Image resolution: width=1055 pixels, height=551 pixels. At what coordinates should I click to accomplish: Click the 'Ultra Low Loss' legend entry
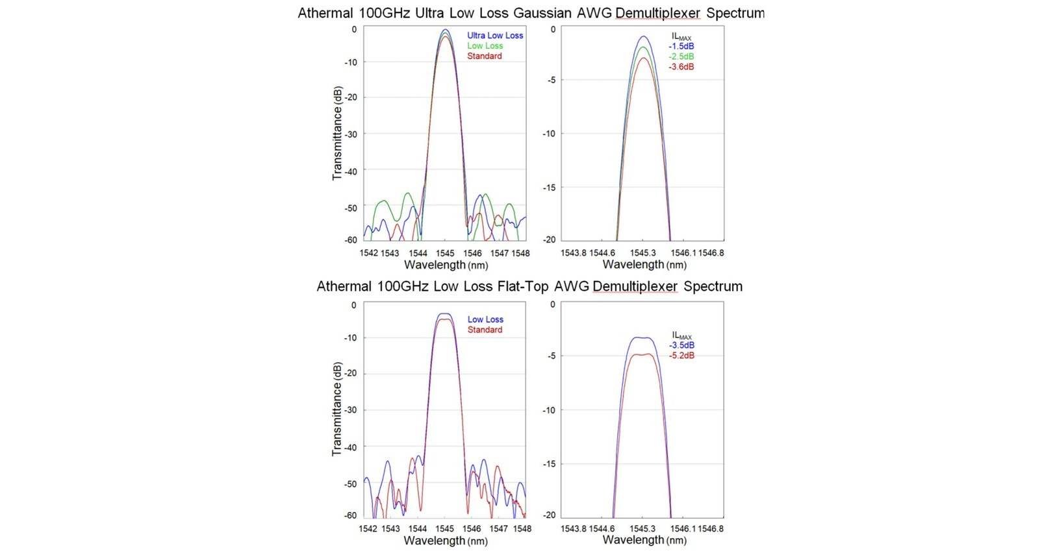(x=494, y=36)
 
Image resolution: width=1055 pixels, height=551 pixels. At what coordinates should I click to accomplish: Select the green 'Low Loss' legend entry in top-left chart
(x=485, y=46)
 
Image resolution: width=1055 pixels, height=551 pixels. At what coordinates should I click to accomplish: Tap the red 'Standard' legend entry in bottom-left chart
(x=485, y=330)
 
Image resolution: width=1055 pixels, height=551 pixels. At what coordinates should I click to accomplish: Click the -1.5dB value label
(x=681, y=47)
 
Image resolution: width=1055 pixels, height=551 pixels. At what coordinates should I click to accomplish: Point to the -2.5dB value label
(x=681, y=57)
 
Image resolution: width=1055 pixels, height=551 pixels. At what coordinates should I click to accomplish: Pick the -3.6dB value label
(x=681, y=67)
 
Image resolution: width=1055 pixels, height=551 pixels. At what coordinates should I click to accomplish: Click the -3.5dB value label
(x=681, y=345)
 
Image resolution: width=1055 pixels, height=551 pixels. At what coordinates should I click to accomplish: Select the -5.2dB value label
(x=681, y=356)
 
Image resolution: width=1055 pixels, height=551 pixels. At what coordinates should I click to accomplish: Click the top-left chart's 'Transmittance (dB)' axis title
(x=337, y=133)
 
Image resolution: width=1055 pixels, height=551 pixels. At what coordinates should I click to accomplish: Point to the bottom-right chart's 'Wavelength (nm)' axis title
(x=644, y=540)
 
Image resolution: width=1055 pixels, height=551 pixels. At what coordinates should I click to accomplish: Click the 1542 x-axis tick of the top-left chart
(x=368, y=253)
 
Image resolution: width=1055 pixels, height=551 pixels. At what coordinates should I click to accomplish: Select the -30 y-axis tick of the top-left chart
(x=351, y=134)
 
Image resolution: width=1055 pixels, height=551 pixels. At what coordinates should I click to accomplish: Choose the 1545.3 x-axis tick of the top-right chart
(x=642, y=253)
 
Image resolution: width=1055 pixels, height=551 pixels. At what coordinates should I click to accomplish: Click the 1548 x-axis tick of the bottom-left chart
(x=522, y=529)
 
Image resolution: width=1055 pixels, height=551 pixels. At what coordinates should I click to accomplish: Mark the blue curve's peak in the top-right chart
(x=642, y=36)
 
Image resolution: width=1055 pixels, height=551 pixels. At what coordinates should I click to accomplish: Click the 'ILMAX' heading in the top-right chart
(x=681, y=37)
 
